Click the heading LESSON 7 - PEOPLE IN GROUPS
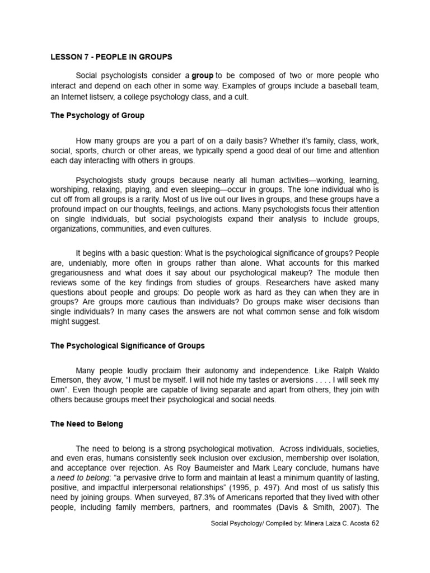coord(112,57)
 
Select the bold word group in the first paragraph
coord(203,76)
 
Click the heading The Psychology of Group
coord(97,116)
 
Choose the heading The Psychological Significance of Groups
coord(128,346)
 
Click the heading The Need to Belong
coord(87,425)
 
